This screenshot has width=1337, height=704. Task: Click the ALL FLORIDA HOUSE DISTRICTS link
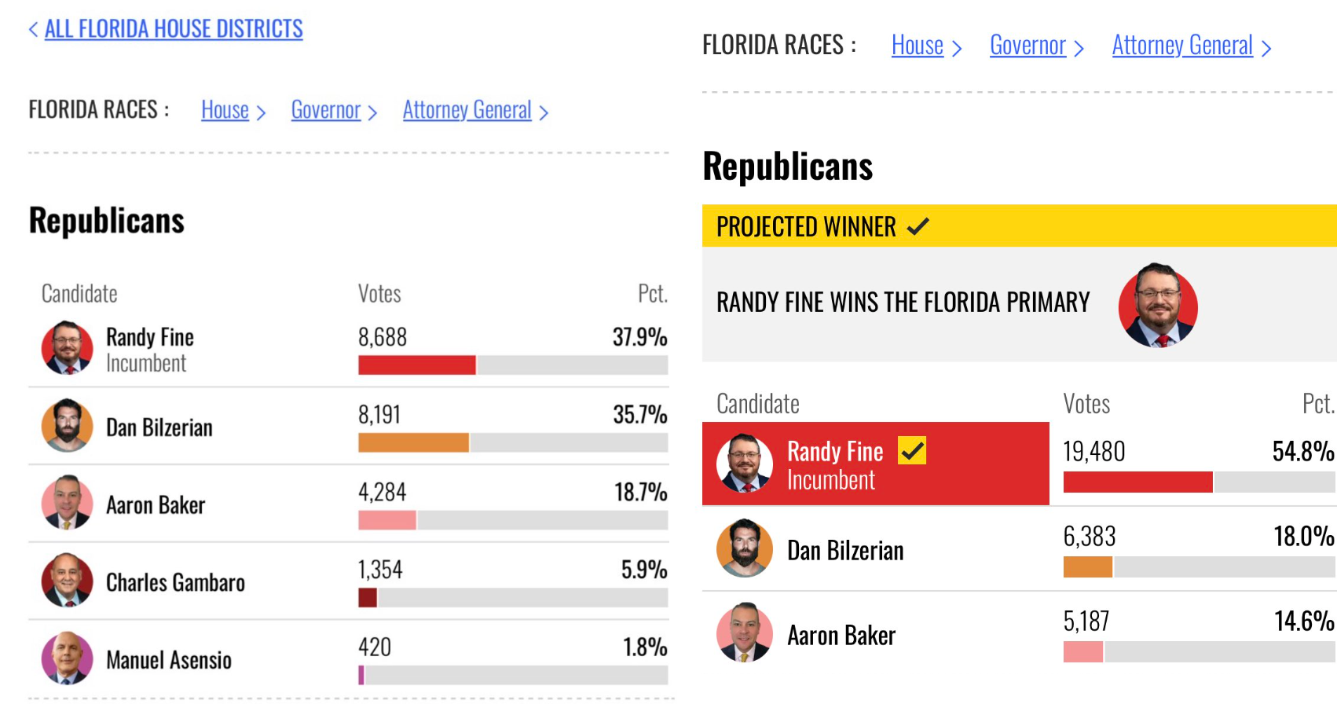[174, 28]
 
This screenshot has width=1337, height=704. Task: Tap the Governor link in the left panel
[326, 110]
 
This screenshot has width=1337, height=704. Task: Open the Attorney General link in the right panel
[1182, 46]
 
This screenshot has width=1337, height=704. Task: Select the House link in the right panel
[918, 46]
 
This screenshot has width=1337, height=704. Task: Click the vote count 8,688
[383, 337]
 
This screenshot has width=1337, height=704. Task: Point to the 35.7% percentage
[640, 414]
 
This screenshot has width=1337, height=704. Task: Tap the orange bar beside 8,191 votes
[414, 442]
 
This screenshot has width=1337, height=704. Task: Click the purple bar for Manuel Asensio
[361, 676]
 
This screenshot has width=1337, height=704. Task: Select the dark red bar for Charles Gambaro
[368, 598]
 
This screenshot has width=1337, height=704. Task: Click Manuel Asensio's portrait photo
[67, 658]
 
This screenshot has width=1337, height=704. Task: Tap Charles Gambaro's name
[175, 582]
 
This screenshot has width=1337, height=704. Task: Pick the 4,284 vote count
[382, 492]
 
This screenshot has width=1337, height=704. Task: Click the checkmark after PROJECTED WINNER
[918, 226]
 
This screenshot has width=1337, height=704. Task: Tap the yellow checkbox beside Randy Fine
[912, 451]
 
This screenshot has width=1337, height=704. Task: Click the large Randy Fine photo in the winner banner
[1158, 305]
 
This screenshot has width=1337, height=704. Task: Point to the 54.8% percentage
[1303, 452]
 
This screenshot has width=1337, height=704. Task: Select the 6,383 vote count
[1090, 536]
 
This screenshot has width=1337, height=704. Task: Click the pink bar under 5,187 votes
[1083, 651]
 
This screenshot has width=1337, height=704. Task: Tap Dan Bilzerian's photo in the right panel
[744, 548]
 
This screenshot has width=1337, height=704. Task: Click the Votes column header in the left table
[379, 294]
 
